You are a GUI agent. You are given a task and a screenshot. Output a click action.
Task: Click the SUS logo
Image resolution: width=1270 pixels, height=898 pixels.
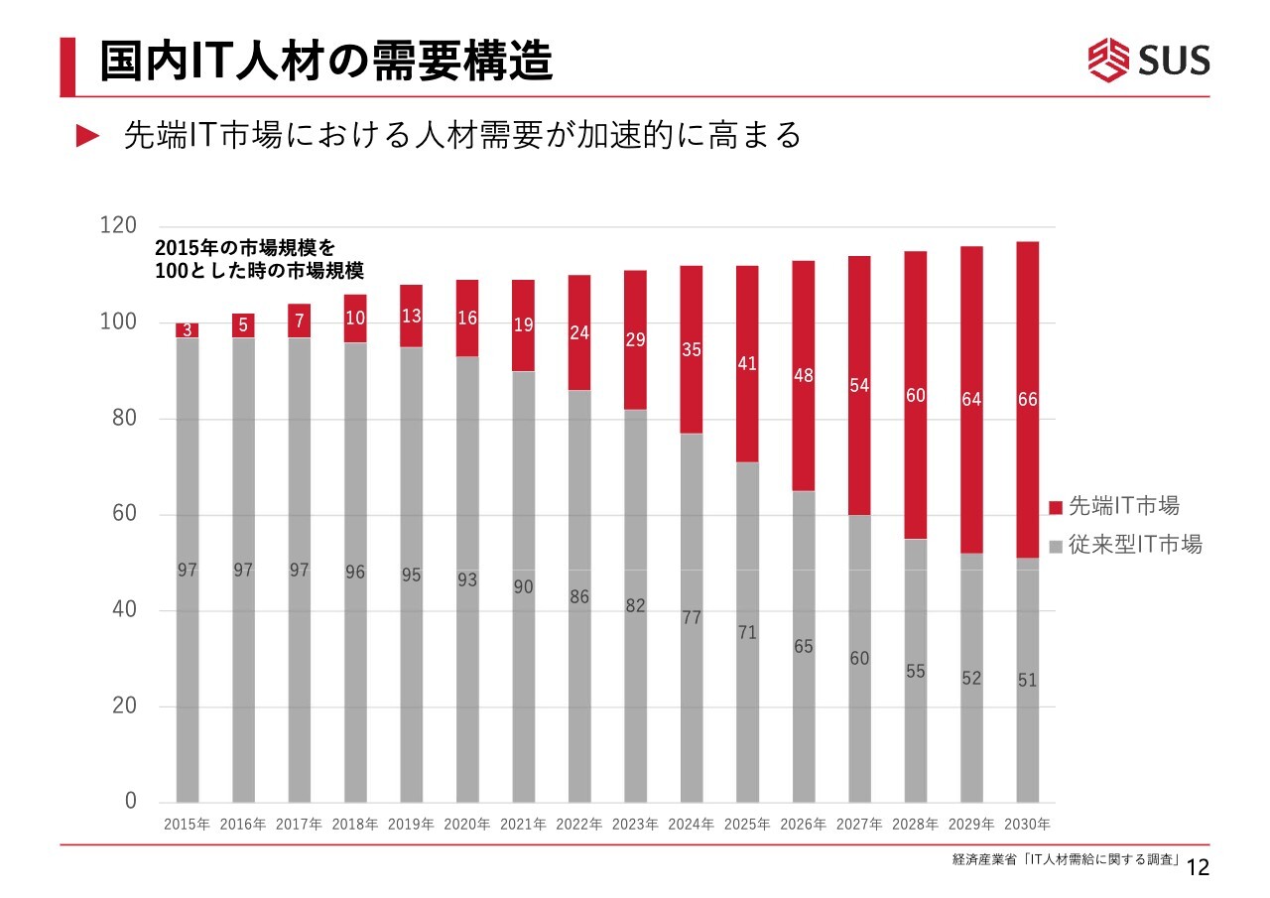tap(1149, 60)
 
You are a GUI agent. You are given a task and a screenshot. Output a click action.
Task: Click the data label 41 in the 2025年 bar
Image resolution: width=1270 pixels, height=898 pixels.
tap(747, 364)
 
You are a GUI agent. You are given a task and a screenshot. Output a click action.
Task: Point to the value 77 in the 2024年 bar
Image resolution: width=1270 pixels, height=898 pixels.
tap(692, 617)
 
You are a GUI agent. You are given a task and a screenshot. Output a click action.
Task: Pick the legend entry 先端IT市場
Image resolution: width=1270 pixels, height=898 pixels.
tap(1113, 507)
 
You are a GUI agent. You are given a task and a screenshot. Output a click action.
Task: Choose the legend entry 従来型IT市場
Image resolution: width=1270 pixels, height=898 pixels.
tap(1124, 545)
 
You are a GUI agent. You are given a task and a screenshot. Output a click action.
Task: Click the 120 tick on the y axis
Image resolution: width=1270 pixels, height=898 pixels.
tap(118, 226)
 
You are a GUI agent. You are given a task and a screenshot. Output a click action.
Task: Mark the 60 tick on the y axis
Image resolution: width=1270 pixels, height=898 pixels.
tap(123, 515)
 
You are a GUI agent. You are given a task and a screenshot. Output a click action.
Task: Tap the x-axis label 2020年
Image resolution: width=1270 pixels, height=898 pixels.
tap(467, 825)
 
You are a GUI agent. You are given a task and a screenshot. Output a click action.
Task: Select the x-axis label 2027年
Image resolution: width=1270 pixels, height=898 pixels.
tap(859, 825)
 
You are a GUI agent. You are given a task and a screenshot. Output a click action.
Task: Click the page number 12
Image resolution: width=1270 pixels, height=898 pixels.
tap(1199, 868)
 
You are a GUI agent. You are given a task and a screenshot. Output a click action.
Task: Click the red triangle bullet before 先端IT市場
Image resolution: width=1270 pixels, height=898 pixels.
tap(88, 136)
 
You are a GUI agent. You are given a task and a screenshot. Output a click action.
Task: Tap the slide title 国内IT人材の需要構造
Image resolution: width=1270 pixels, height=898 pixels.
tap(325, 62)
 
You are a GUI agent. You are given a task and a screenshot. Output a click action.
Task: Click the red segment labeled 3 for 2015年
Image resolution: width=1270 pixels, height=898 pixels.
tap(187, 330)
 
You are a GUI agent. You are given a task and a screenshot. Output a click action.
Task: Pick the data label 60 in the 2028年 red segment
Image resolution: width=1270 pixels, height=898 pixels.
tap(915, 396)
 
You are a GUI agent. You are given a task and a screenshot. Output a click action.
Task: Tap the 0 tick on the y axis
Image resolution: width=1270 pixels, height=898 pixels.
tap(130, 802)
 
